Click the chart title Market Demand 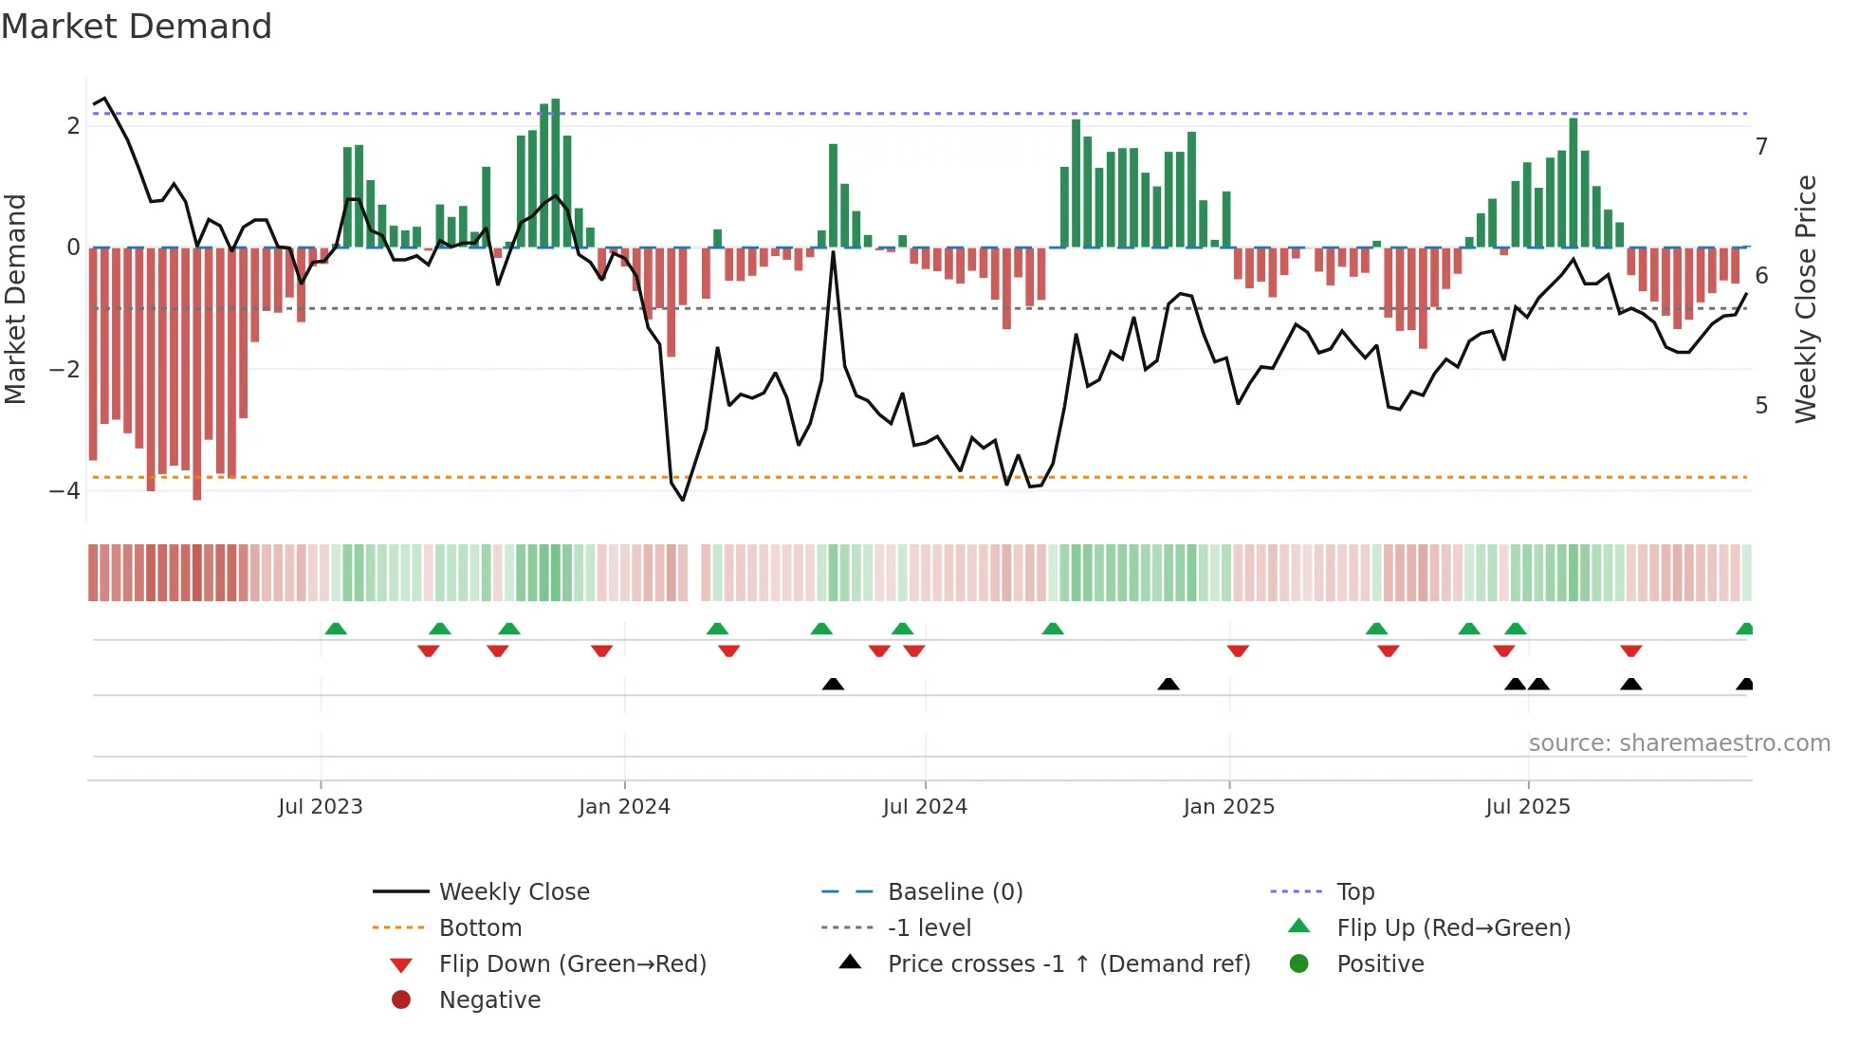pos(137,27)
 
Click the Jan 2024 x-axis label pos(624,807)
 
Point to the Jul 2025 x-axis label pos(1527,807)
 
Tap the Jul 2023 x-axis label pos(321,807)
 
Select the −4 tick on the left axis pos(64,491)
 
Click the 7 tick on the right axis pos(1761,147)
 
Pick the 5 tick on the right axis pos(1761,406)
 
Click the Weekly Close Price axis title pos(1806,299)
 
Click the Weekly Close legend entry pos(513,892)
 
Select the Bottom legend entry pos(480,928)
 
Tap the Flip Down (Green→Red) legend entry pos(572,964)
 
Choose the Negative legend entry pos(489,1000)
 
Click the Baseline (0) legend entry pos(954,892)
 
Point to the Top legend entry pos(1354,892)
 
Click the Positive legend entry pos(1380,964)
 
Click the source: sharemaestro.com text pos(1679,743)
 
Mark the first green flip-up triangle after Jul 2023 pos(336,629)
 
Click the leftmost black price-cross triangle pos(833,685)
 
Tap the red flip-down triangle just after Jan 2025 pos(1238,651)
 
